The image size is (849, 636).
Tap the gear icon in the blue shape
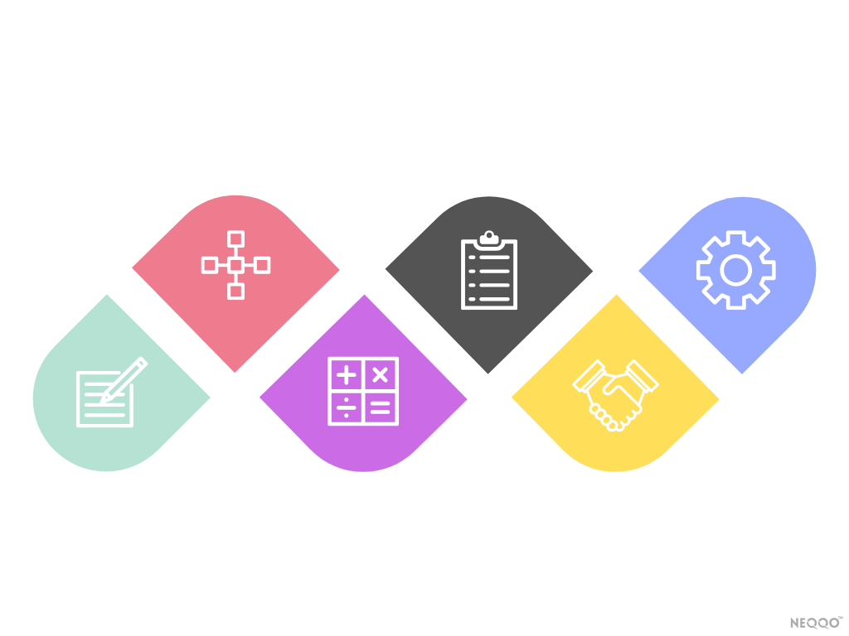[735, 270]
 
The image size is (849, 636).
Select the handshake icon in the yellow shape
[614, 393]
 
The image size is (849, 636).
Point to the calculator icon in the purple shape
[363, 392]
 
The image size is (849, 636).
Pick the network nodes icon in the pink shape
[235, 265]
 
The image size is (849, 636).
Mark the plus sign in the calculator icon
[347, 375]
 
